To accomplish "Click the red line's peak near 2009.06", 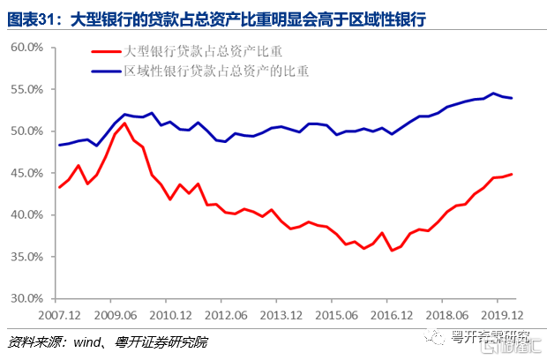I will [x=124, y=123].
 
